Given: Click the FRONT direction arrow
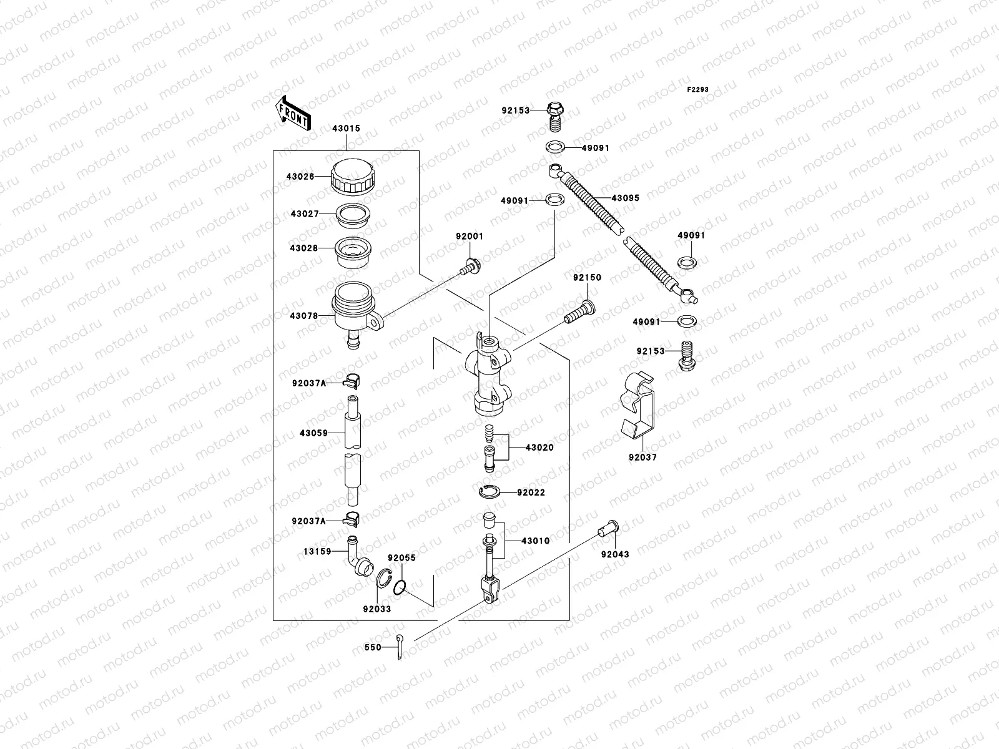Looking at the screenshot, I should pyautogui.click(x=293, y=113).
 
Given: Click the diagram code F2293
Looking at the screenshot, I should pyautogui.click(x=698, y=89).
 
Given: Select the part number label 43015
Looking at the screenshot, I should pyautogui.click(x=347, y=129).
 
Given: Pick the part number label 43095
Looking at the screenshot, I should pyautogui.click(x=625, y=198).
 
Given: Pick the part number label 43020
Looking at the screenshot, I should pyautogui.click(x=539, y=448).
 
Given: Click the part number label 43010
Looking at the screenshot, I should pyautogui.click(x=536, y=541).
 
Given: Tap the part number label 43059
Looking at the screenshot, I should pyautogui.click(x=313, y=433).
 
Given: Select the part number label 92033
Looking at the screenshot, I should pyautogui.click(x=376, y=609).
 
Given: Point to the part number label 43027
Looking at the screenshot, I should pyautogui.click(x=304, y=213).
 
